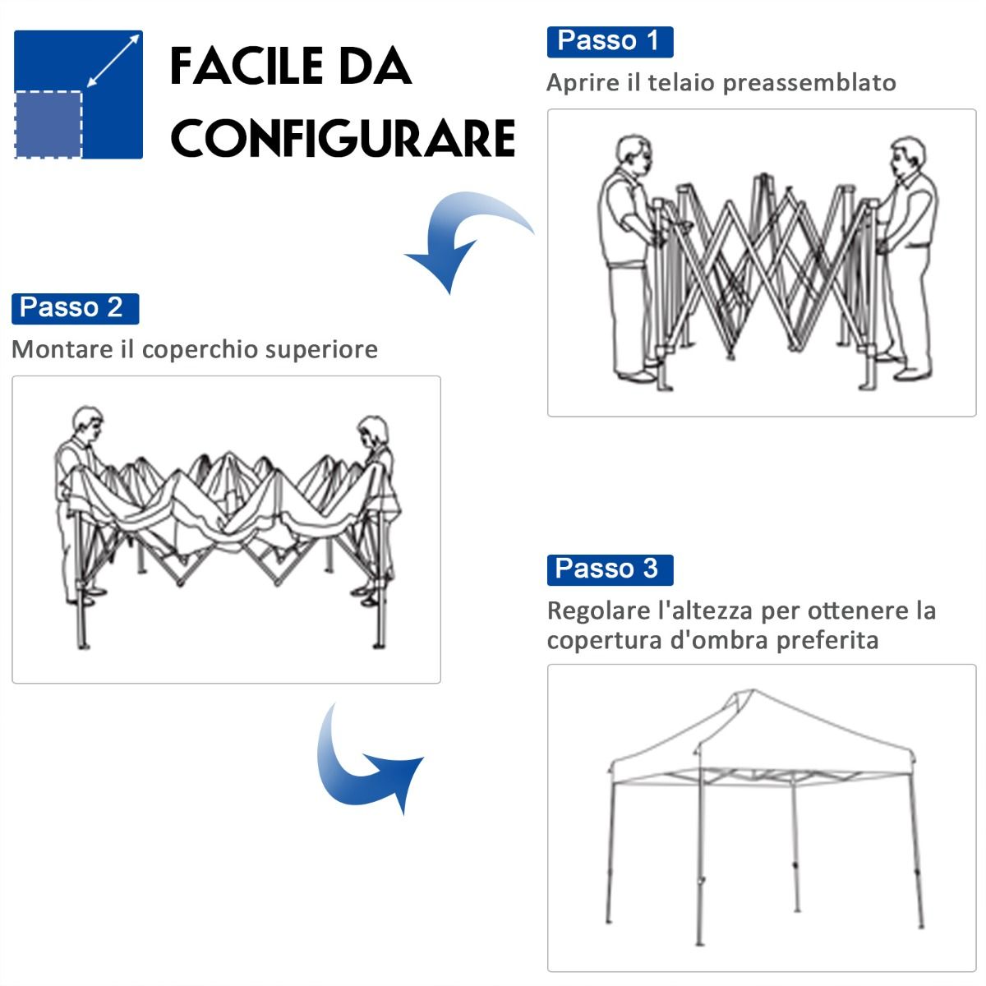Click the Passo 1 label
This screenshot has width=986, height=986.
610,42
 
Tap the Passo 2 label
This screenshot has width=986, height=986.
75,309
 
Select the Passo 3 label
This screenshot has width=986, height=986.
610,569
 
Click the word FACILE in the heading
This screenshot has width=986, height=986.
246,66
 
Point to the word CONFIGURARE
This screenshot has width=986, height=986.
343,138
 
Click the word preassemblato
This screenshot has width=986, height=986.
809,84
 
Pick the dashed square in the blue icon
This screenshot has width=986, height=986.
48,124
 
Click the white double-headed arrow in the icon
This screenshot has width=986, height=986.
113,60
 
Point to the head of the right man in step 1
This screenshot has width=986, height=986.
906,155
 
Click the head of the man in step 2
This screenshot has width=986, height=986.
88,423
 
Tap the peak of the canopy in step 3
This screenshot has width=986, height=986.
752,690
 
